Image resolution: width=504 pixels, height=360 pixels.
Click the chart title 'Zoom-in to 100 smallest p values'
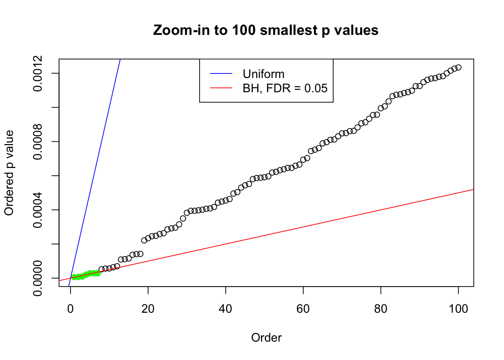tap(265, 30)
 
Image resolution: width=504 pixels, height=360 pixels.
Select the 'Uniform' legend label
tap(263, 74)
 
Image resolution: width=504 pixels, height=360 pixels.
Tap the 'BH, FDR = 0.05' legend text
tap(285, 88)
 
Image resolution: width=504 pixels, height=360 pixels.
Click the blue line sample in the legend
tap(221, 74)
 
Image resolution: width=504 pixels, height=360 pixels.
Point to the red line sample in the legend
tap(221, 88)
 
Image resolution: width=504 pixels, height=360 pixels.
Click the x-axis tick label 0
tap(70, 309)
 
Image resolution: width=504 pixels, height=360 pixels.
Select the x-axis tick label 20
tap(148, 309)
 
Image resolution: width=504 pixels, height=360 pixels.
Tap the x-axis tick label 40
tap(226, 309)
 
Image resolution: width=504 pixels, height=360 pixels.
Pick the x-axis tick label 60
tap(303, 309)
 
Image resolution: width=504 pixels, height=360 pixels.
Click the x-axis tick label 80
tap(381, 309)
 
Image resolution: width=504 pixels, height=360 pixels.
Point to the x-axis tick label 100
tap(458, 309)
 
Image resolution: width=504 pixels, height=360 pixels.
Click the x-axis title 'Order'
tap(266, 337)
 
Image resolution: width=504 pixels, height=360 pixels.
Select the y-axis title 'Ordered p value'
tap(9, 173)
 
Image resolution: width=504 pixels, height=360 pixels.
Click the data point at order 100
tap(458, 67)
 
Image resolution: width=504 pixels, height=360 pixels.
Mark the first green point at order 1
tap(74, 277)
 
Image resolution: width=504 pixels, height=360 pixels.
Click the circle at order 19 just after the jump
tap(144, 240)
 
